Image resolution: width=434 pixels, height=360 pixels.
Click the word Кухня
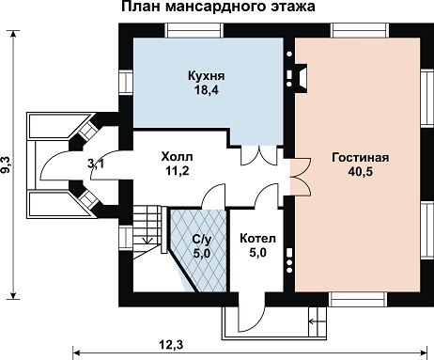pyautogui.click(x=207, y=76)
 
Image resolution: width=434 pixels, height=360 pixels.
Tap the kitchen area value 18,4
pyautogui.click(x=206, y=90)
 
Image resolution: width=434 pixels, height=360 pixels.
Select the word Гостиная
pyautogui.click(x=361, y=157)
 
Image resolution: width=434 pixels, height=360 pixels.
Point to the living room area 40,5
pyautogui.click(x=361, y=172)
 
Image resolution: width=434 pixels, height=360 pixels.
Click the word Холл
pyautogui.click(x=177, y=156)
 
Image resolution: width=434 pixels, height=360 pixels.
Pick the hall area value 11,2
pyautogui.click(x=178, y=171)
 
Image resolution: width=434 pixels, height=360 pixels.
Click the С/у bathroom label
pyautogui.click(x=202, y=240)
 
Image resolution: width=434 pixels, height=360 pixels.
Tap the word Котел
pyautogui.click(x=257, y=239)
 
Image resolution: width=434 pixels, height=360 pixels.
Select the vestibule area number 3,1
pyautogui.click(x=96, y=164)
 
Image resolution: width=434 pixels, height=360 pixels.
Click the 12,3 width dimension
pyautogui.click(x=171, y=345)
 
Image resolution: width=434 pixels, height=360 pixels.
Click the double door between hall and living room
pyautogui.click(x=300, y=176)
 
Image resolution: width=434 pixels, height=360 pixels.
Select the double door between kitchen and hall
pyautogui.click(x=259, y=155)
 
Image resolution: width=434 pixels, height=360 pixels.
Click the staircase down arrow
pyautogui.click(x=147, y=240)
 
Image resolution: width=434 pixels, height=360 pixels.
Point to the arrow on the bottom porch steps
pyautogui.click(x=317, y=321)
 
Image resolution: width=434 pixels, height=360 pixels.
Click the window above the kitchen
pyautogui.click(x=194, y=31)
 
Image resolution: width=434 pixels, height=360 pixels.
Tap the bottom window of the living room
pyautogui.click(x=358, y=300)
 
